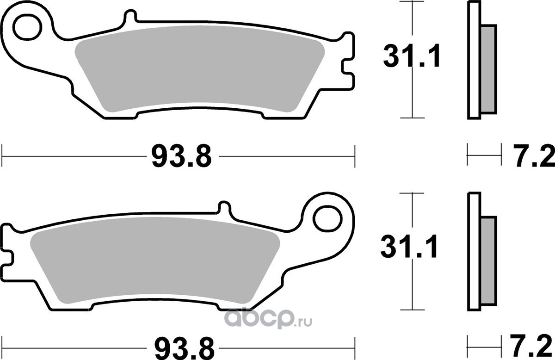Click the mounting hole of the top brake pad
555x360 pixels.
pos(27,27)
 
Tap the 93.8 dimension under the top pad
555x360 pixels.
pos(182,156)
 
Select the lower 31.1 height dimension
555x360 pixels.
pos(409,247)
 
